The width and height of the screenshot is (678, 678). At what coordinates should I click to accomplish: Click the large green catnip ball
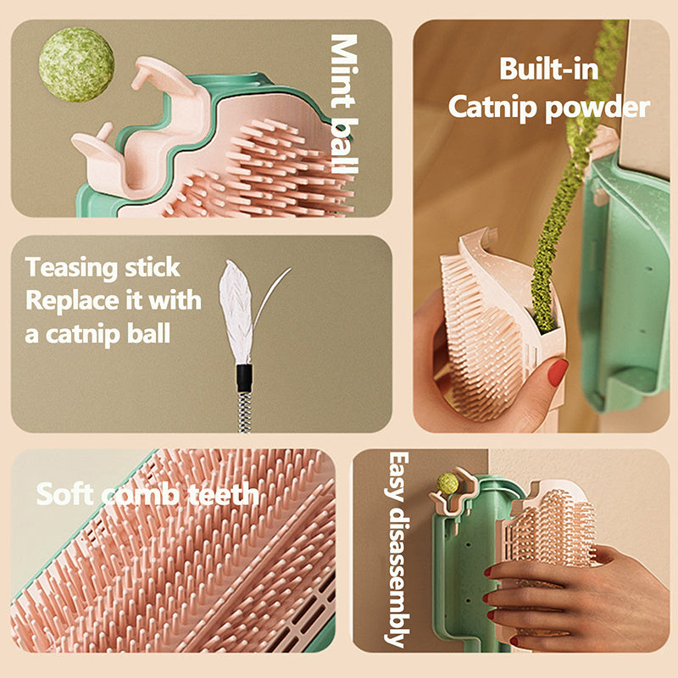click(76, 64)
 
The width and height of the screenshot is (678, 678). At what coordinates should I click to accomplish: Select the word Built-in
click(547, 69)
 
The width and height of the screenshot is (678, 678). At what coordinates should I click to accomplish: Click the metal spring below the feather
click(245, 411)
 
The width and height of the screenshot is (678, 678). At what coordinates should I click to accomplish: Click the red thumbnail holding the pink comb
click(557, 371)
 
